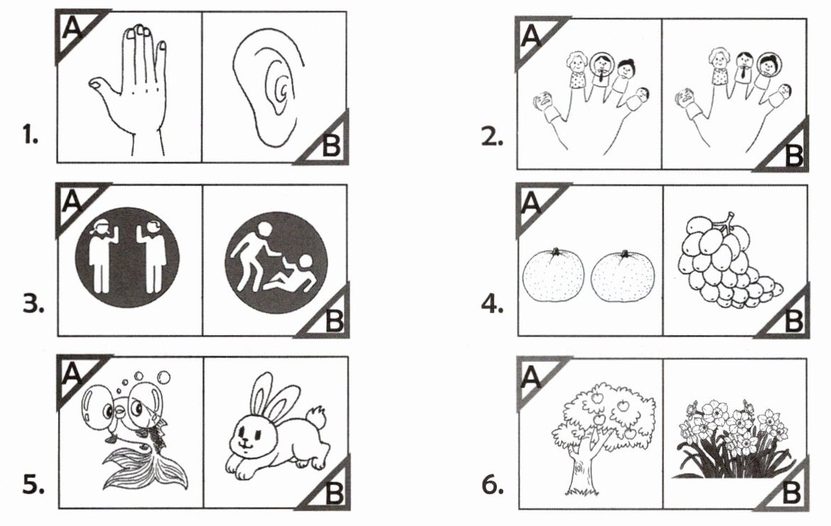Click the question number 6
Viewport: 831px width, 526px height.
(493, 485)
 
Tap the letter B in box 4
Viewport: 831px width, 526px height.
(793, 320)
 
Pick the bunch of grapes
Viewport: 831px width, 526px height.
(727, 260)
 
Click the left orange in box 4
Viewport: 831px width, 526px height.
(554, 274)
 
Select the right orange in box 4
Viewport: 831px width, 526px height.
(623, 276)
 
